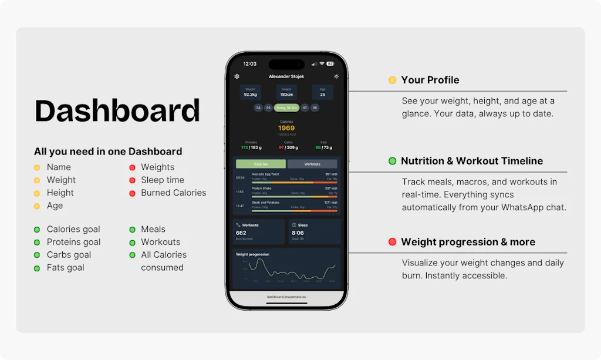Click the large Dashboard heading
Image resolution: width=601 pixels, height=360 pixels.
117,110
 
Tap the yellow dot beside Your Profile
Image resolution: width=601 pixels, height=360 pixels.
392,80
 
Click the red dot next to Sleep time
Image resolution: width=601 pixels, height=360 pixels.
133,180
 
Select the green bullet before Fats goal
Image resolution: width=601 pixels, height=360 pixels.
36,268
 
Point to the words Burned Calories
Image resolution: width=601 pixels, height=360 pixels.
173,193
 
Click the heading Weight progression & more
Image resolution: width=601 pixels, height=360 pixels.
468,242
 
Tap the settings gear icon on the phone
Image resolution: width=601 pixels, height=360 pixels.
237,76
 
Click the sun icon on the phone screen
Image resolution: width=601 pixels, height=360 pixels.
336,76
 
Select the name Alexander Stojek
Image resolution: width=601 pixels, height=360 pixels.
286,77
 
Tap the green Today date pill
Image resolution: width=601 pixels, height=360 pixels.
286,108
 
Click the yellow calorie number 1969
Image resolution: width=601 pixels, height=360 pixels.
286,128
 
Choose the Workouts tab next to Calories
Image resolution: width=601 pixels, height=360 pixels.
312,164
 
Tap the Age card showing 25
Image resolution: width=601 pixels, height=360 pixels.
322,92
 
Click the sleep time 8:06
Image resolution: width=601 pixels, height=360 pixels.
298,233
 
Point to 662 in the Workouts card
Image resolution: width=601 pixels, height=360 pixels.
241,233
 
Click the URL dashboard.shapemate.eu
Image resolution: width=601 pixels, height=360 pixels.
286,297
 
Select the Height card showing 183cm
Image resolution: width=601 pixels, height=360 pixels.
286,92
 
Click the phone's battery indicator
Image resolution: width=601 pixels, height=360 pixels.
330,63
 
